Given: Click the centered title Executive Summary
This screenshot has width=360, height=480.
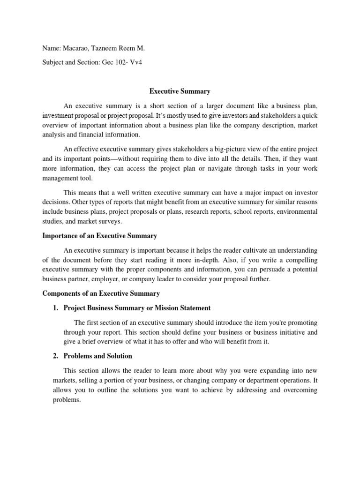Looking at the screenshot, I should click(180, 91).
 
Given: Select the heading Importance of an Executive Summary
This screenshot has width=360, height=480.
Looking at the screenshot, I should click(99, 235).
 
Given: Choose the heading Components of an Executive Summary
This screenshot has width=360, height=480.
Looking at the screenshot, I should click(101, 293).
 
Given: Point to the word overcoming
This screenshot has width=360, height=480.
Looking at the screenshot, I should click(298, 390).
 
